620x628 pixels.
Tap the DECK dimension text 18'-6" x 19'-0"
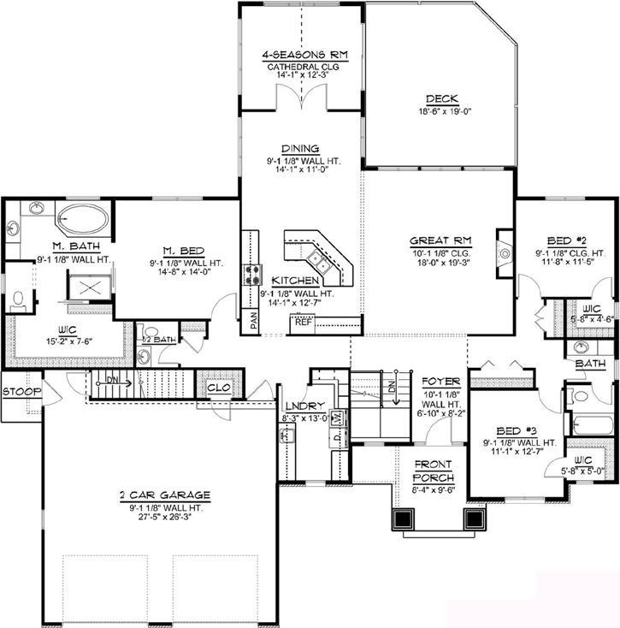[439, 111]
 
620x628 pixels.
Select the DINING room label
[298, 147]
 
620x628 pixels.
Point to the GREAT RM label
[440, 240]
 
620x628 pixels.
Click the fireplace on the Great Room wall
[505, 249]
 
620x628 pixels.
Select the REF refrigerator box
[303, 323]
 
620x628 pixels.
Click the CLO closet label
[220, 388]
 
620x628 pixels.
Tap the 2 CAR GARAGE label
[165, 495]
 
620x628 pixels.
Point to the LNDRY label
[304, 406]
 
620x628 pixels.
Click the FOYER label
[440, 381]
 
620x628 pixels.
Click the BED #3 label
[519, 431]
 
